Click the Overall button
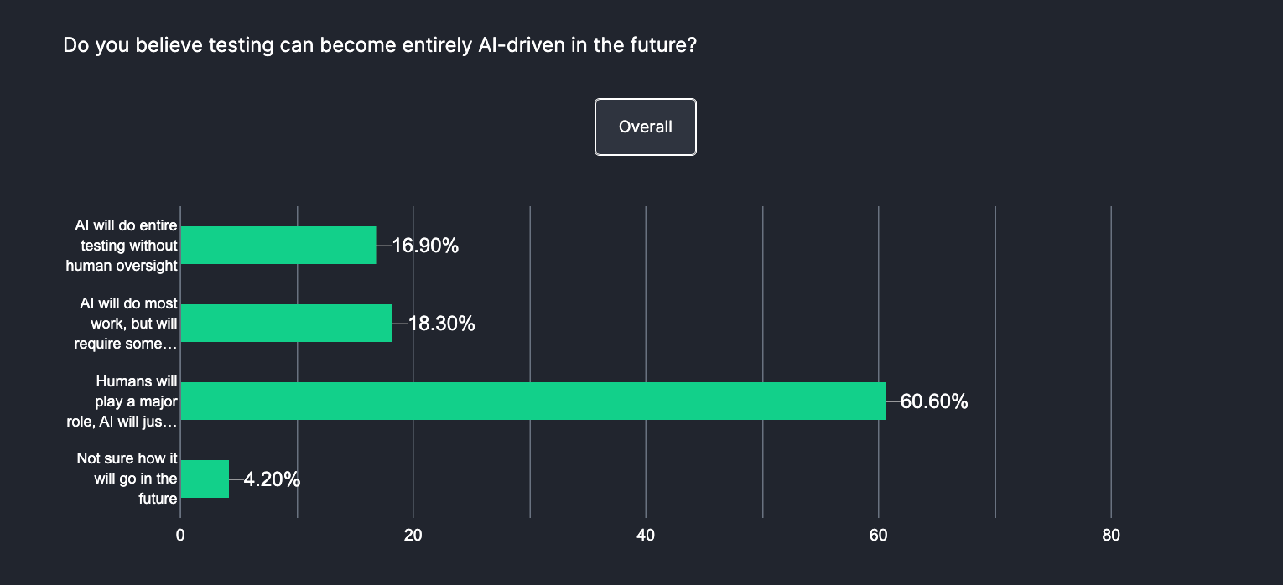tap(645, 127)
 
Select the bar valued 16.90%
tap(278, 246)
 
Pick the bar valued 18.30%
tap(286, 324)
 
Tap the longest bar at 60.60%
tap(532, 401)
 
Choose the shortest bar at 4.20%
tap(205, 479)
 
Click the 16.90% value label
tap(425, 246)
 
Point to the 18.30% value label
tap(442, 324)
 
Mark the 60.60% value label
tap(934, 402)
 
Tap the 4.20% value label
tap(272, 480)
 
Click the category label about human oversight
tap(126, 246)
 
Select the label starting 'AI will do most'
tap(128, 324)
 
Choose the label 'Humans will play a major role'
tap(137, 401)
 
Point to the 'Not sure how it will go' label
tap(127, 479)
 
